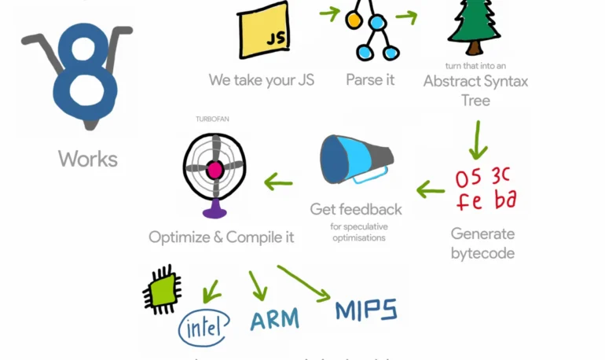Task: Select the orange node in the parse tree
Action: (x=354, y=20)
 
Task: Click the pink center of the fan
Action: (x=214, y=169)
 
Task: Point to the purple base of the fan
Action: (x=214, y=210)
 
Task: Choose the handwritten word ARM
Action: (x=275, y=318)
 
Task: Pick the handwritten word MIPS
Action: (x=366, y=309)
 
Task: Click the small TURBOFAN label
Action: (x=212, y=119)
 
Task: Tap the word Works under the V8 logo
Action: (x=88, y=159)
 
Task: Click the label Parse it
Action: (x=370, y=80)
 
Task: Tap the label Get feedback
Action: (x=356, y=209)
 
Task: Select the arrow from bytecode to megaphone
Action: (x=430, y=189)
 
